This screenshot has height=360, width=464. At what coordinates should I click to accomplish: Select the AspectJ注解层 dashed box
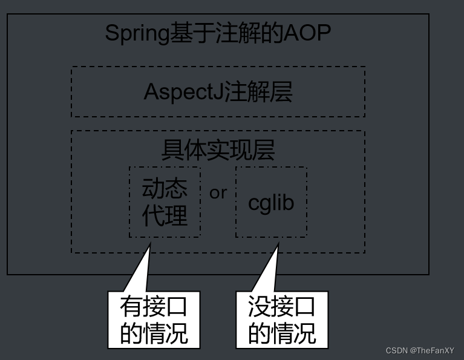(218, 92)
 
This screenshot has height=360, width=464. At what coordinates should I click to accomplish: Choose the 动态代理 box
(165, 202)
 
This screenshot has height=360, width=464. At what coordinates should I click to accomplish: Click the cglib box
(271, 202)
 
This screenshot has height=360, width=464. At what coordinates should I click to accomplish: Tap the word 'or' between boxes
(218, 192)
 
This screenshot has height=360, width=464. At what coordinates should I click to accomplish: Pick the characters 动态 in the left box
(165, 189)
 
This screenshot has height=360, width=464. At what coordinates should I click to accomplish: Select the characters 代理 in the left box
(165, 215)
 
